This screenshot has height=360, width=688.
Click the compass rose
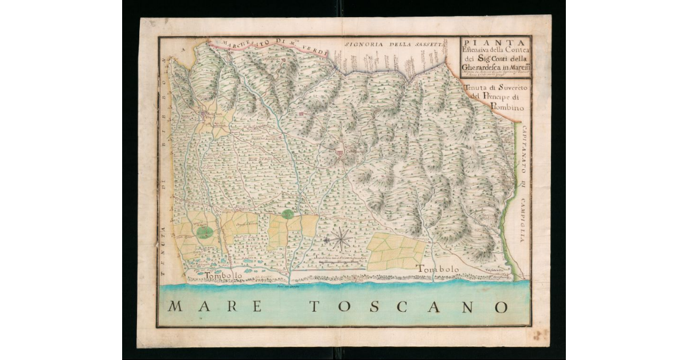(x=342, y=238)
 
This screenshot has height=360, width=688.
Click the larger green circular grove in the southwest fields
(x=204, y=232)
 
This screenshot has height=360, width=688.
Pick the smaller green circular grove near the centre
(x=288, y=214)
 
